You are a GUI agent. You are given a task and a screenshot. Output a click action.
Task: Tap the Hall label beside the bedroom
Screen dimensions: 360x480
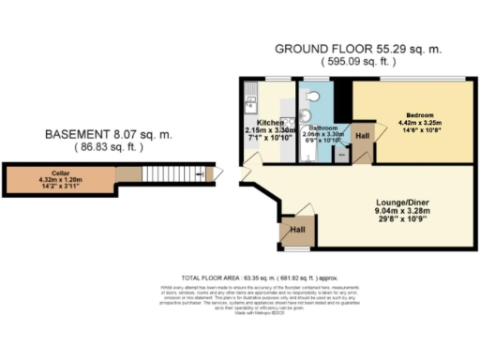[363, 136]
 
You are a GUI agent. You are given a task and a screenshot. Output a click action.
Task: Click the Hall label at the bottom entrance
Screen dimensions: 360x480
[297, 228]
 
